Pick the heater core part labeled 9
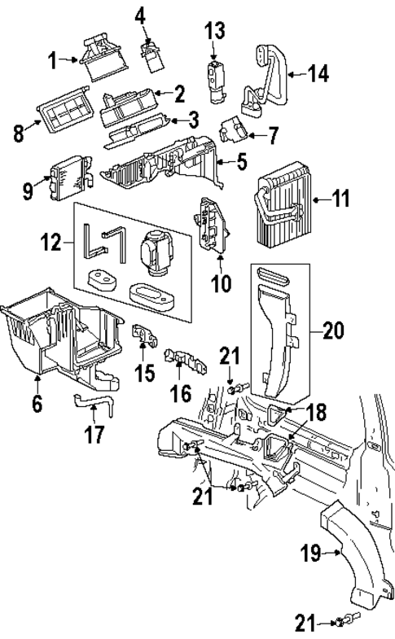point(62,180)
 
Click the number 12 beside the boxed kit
point(51,242)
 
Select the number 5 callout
point(242,162)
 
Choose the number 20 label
point(332,331)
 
